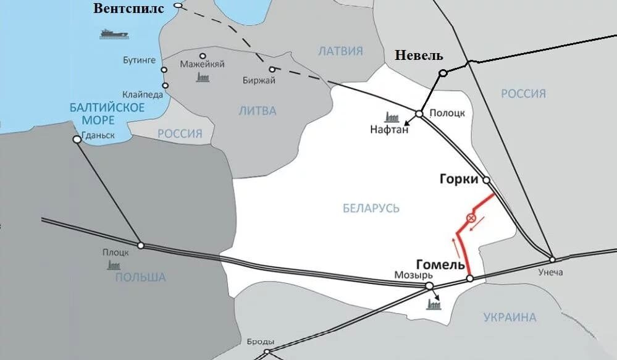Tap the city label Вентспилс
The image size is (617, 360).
click(129, 8)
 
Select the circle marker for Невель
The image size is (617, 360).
click(443, 73)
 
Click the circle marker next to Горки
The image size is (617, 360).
click(487, 180)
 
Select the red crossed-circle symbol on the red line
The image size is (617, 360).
click(471, 218)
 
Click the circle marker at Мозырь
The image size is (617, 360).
click(429, 285)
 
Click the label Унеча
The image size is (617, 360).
click(550, 272)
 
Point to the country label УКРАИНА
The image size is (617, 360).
click(510, 317)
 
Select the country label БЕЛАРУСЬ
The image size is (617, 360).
click(371, 208)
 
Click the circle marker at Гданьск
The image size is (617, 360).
click(77, 140)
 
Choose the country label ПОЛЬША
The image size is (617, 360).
click(140, 277)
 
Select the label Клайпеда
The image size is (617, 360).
click(143, 94)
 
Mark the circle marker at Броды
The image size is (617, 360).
click(267, 352)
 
